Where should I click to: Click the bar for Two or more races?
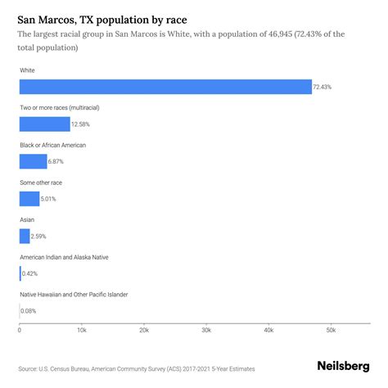45,124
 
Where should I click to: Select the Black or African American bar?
34,161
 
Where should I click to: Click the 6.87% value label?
58,161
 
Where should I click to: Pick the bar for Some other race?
29,199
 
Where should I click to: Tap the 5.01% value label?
51,199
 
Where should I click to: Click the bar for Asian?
25,237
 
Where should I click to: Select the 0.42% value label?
31,274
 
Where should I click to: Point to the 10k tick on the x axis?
82,330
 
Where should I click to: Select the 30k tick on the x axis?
206,330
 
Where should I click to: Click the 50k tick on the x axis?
331,330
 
